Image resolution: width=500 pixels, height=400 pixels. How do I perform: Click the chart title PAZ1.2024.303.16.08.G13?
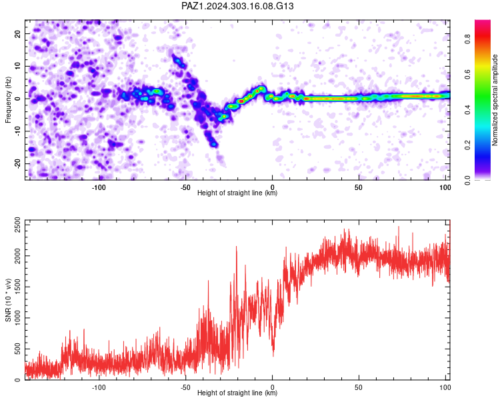point(237,6)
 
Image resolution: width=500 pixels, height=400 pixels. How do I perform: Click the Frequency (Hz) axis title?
point(8,100)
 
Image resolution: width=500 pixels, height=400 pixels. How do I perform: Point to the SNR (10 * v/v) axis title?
point(8,300)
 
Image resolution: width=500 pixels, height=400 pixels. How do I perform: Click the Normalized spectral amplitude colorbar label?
point(495,100)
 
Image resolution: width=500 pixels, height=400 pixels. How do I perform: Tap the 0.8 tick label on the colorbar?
point(467,39)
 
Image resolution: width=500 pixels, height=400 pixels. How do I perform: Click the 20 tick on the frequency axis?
point(17,33)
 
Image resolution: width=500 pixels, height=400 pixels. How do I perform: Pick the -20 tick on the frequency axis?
point(17,164)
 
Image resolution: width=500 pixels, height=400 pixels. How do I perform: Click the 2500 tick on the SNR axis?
point(17,225)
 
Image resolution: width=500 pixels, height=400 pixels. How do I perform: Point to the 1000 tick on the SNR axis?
point(17,318)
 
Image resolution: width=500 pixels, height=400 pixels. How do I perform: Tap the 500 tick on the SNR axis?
point(17,349)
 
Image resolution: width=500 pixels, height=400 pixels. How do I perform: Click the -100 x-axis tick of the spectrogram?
point(99,187)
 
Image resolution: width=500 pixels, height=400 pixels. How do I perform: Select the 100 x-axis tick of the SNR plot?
point(445,387)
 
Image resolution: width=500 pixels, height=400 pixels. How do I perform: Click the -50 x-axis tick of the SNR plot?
point(185,387)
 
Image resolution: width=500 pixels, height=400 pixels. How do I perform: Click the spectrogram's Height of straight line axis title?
point(237,193)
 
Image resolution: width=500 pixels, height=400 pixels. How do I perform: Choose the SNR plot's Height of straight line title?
point(237,393)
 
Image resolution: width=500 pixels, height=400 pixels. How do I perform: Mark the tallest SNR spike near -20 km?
point(236,246)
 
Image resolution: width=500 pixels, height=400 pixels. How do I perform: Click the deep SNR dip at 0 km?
point(273,355)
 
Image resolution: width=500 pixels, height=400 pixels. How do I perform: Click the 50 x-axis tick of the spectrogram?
point(359,187)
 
